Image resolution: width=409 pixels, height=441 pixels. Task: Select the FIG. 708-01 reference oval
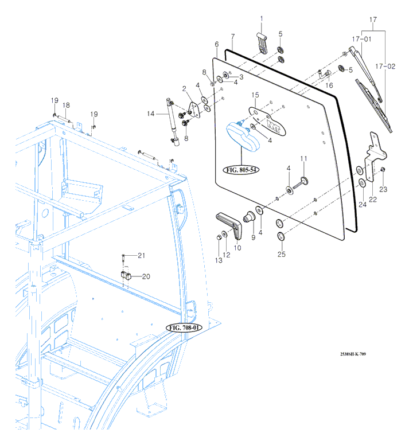tap(184, 327)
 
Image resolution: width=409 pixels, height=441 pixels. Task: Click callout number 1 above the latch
tap(262, 19)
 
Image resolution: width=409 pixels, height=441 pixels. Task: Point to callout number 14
tap(150, 114)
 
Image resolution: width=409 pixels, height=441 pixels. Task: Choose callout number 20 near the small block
tap(146, 276)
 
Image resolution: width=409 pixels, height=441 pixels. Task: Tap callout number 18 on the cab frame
tap(66, 106)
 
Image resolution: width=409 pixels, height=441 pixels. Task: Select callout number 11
tap(304, 158)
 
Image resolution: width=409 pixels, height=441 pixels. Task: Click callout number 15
tap(255, 94)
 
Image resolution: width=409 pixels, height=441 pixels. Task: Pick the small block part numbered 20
tap(126, 274)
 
